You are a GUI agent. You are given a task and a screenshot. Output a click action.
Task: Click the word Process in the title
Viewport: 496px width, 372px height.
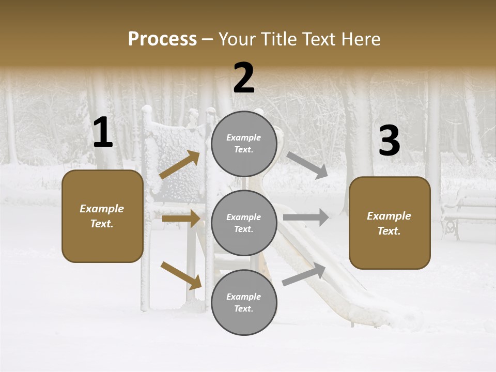coord(162,39)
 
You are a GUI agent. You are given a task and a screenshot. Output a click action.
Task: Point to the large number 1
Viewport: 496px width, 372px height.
coord(102,133)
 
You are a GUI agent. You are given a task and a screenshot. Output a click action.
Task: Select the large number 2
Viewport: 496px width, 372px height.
coord(244,78)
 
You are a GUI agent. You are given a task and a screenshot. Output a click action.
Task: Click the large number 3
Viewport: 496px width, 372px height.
coord(389,141)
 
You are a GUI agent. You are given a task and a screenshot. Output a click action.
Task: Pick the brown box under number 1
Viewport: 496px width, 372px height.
coord(102,216)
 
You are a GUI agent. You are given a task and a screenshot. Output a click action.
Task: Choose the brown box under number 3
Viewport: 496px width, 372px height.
coord(390,223)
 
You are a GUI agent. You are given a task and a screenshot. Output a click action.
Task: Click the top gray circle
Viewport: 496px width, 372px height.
coord(244,143)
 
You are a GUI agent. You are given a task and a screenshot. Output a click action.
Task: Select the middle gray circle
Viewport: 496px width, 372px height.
coord(244,223)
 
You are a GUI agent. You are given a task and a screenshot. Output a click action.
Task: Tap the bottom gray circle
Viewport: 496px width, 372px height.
coord(244,302)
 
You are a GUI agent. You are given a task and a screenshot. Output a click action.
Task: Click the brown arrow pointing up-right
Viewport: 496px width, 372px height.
coord(180,165)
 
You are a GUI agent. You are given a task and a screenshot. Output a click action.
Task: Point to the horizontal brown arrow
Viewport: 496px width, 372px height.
coord(181,219)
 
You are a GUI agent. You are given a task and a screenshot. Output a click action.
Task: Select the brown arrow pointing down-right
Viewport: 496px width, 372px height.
coord(181,275)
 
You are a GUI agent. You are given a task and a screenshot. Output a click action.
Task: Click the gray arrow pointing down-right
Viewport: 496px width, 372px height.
coord(307,165)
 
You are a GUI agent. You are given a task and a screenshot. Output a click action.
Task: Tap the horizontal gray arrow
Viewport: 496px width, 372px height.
coord(306,218)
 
